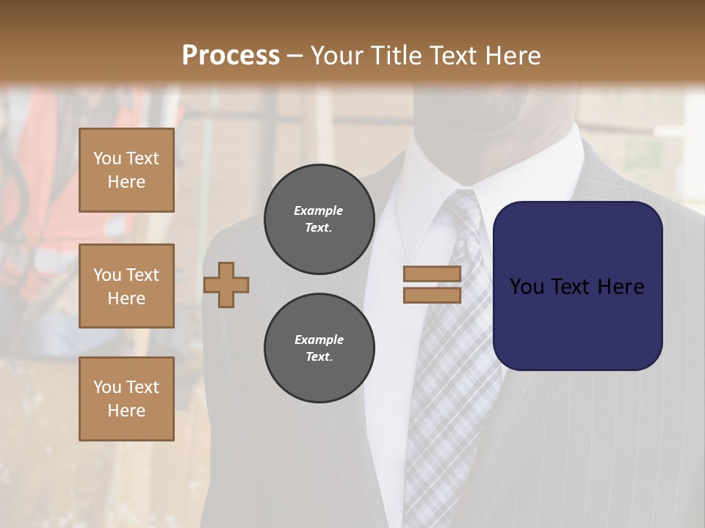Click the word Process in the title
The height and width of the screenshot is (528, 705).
[231, 56]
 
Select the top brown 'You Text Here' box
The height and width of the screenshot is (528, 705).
[126, 170]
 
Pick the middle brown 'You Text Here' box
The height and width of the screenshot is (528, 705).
[126, 286]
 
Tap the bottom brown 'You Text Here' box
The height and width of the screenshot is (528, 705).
[126, 398]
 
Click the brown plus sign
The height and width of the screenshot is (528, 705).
[226, 285]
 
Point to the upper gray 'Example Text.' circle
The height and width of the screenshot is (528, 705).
[319, 219]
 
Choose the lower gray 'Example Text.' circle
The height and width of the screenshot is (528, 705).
[319, 348]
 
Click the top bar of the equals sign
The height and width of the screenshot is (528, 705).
[432, 274]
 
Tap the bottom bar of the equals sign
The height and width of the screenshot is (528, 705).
[432, 295]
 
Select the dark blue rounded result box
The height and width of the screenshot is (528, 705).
[577, 285]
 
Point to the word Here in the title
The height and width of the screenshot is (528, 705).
[513, 56]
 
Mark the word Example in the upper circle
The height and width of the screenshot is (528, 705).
[319, 210]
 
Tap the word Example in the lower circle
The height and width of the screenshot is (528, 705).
[319, 340]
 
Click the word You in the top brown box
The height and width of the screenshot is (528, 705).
[106, 158]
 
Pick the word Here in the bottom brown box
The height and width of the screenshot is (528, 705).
[126, 411]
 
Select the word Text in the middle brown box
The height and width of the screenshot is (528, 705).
[142, 275]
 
